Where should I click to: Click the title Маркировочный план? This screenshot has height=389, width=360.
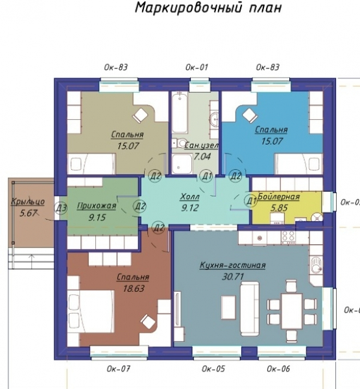click(208, 7)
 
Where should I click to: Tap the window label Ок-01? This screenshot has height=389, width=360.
click(197, 67)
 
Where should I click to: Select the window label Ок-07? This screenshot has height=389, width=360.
click(119, 369)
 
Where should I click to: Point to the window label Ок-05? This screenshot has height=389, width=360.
click(213, 369)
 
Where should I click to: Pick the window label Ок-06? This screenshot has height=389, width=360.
click(278, 369)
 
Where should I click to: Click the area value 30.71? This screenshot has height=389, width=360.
click(233, 276)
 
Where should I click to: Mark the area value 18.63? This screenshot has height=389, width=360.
click(134, 289)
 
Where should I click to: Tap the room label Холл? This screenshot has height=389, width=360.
click(190, 197)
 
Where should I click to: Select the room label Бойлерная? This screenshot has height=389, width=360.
click(279, 196)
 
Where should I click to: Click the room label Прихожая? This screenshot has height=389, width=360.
click(97, 206)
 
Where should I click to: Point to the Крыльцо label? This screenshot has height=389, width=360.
click(28, 202)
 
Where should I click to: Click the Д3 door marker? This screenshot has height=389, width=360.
click(61, 208)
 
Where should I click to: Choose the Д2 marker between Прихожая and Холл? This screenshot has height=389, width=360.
click(139, 206)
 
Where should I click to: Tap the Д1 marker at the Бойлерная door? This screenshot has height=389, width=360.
click(251, 201)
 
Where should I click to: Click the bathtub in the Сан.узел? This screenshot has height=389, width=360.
click(179, 113)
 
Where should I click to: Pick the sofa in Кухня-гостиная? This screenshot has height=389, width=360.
click(249, 307)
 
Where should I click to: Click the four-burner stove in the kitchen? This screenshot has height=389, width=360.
click(288, 238)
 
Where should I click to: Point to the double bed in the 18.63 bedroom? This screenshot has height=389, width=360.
click(91, 312)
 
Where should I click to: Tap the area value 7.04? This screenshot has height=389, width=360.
click(202, 156)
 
